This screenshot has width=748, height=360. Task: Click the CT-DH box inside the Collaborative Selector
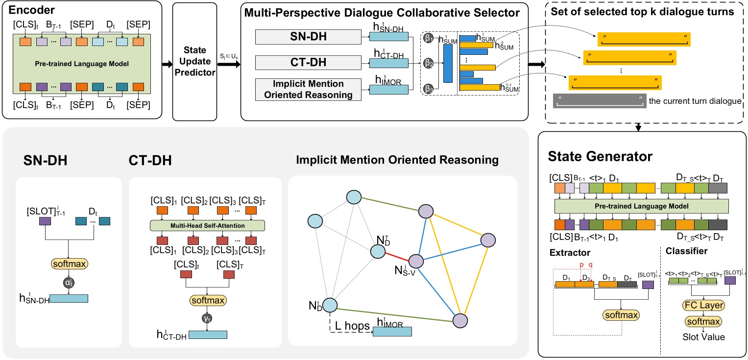pos(308,63)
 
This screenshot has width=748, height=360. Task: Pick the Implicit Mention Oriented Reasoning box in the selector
pos(308,89)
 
